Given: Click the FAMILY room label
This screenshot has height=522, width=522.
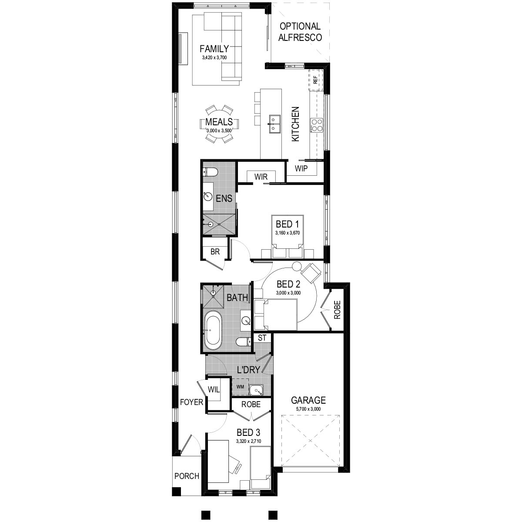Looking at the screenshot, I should pos(214,48).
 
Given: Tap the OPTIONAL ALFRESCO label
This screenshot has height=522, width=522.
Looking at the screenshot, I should pos(301,32).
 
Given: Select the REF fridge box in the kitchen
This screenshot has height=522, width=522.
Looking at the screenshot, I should pos(315,79).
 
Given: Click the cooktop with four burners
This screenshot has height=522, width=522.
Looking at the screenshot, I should pos(316,125).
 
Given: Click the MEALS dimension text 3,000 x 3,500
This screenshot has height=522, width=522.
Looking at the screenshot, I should pos(219,130).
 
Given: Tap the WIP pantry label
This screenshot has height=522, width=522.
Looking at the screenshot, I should pos(301,168).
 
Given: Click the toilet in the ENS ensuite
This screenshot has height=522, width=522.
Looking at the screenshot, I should pos(210,173).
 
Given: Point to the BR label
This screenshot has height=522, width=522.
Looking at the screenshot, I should pos(215,251).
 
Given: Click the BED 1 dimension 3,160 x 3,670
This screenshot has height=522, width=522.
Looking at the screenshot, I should pos(288,233).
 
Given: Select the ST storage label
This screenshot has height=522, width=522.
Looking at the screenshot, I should pos(262,338).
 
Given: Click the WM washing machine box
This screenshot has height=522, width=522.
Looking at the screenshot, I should pos(240,386).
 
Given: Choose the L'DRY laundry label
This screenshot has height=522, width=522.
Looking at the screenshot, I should pos(248,370).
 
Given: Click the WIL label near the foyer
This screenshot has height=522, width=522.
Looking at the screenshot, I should pos(214,389).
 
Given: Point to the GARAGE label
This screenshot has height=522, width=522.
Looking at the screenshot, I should pos(308,400).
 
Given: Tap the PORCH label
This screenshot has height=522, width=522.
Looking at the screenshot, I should pos(187,476).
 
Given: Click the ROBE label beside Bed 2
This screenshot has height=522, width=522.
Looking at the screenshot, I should pos(338,310).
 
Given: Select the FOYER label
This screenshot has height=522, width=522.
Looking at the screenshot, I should pos(192,402).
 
